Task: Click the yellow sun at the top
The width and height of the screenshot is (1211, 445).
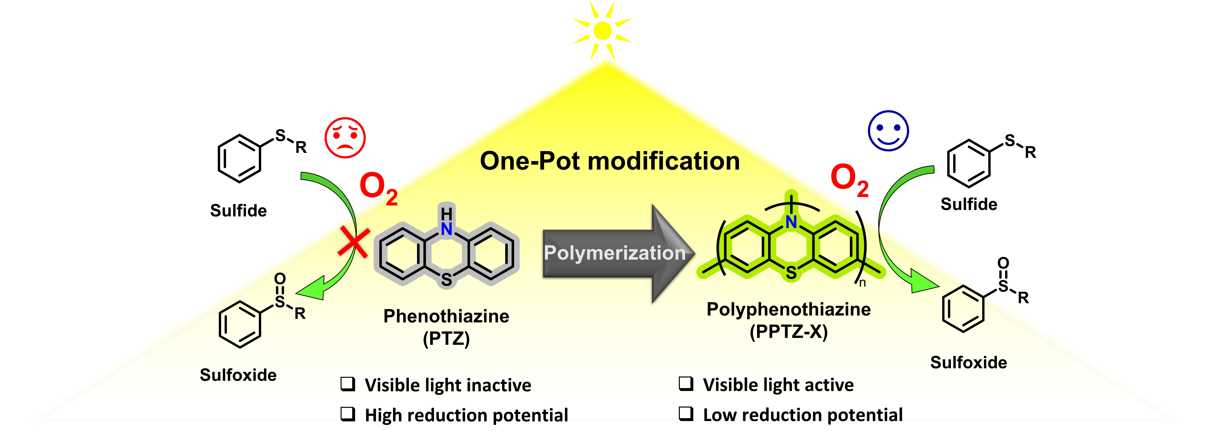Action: [x=602, y=31]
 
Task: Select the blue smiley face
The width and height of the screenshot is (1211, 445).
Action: [x=888, y=131]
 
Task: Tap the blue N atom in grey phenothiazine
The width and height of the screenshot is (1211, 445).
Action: [x=447, y=229]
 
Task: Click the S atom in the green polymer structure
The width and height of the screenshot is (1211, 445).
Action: [x=792, y=273]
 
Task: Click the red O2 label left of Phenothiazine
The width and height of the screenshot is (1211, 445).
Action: [x=378, y=188]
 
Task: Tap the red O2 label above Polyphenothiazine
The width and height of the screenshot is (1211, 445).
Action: [x=849, y=180]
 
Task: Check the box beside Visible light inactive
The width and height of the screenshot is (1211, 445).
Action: [x=348, y=384]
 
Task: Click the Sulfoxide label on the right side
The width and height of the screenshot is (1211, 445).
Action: [x=968, y=362]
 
